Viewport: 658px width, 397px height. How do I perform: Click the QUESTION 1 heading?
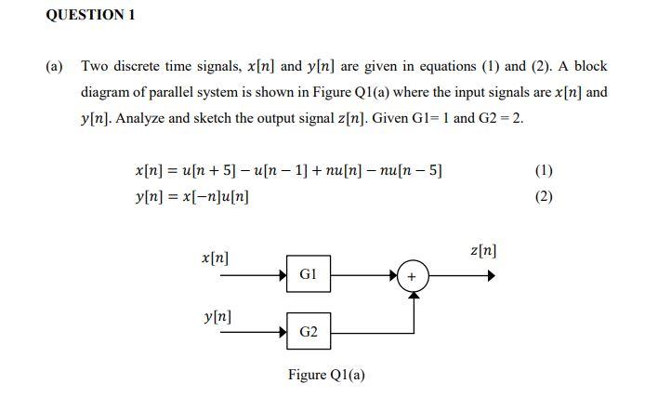(90, 15)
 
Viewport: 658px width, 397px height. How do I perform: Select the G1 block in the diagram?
(308, 274)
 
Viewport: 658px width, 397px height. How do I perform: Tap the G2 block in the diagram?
(308, 331)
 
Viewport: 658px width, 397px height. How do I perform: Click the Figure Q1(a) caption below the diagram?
(326, 375)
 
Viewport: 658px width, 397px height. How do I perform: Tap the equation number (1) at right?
(545, 170)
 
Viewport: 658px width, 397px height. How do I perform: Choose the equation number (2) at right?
(545, 197)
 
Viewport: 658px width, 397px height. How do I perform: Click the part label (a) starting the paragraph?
(55, 66)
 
